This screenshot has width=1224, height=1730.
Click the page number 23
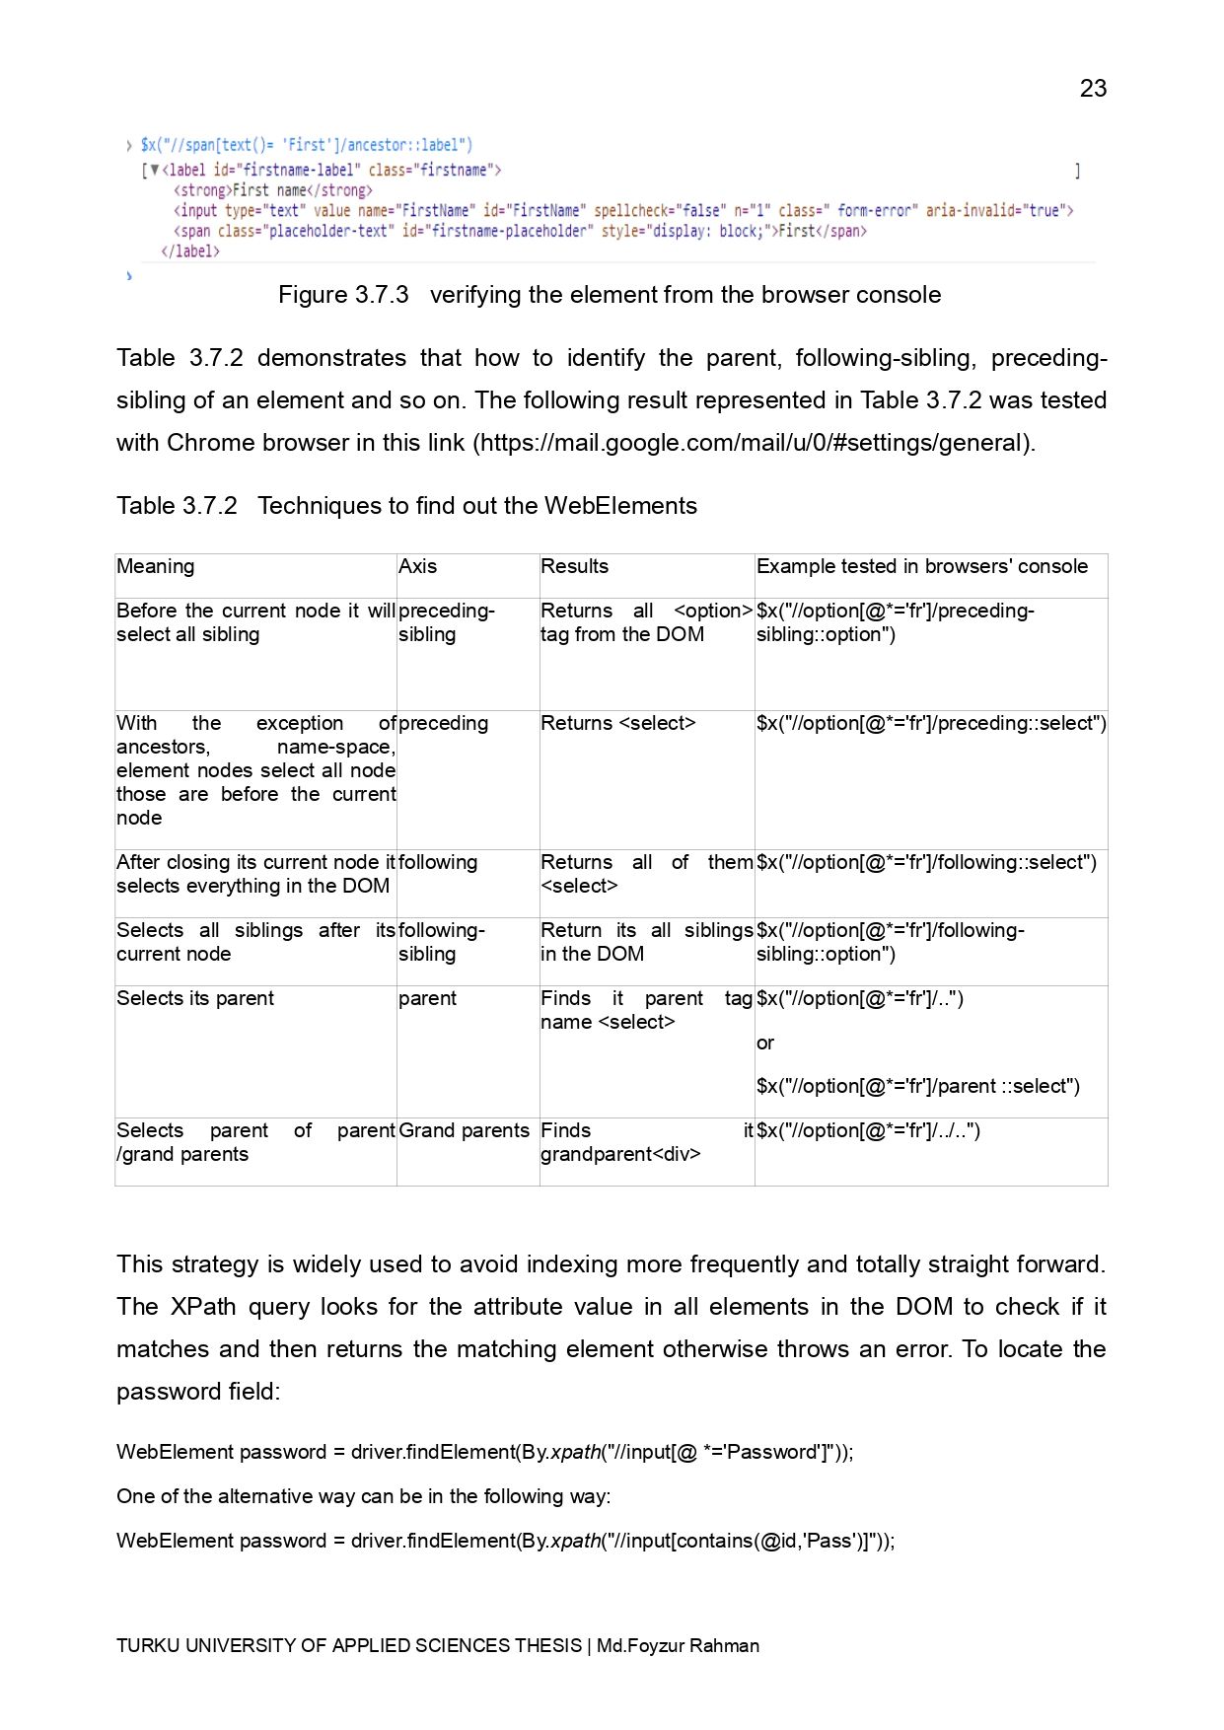tap(1093, 89)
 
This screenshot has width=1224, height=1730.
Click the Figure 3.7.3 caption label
tap(343, 295)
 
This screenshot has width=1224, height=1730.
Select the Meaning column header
tap(156, 566)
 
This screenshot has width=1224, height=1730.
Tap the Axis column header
tap(417, 566)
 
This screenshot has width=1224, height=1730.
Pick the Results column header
tap(574, 566)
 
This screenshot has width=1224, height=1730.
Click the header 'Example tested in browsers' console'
tap(921, 566)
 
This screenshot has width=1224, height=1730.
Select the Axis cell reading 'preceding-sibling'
tap(446, 622)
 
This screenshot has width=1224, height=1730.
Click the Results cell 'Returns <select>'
tap(617, 723)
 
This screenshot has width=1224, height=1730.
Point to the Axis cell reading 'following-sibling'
tap(441, 942)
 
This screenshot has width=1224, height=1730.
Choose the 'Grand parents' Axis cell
tap(464, 1130)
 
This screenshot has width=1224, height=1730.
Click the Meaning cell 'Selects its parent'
tap(195, 998)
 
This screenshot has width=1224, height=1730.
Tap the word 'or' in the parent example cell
tap(765, 1043)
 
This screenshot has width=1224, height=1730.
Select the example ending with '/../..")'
tap(868, 1130)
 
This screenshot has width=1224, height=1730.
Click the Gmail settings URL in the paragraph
tap(755, 443)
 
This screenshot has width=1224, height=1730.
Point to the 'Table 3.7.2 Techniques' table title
tap(406, 506)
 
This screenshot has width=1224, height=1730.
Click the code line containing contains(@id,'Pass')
tap(505, 1541)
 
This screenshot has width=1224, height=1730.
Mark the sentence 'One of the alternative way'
tap(363, 1496)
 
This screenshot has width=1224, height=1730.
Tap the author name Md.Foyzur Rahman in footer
tap(678, 1645)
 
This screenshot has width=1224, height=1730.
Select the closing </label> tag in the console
tap(190, 252)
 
